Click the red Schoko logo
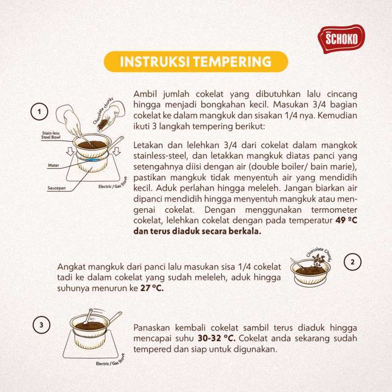pyautogui.click(x=341, y=39)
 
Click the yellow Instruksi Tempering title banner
pyautogui.click(x=196, y=62)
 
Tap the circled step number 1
pyautogui.click(x=39, y=112)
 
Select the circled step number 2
pyautogui.click(x=352, y=262)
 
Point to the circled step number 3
pyautogui.click(x=42, y=325)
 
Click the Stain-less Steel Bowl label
pyautogui.click(x=51, y=135)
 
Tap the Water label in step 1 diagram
pyautogui.click(x=53, y=165)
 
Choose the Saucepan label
pyautogui.click(x=57, y=188)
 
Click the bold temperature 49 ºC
pyautogui.click(x=346, y=220)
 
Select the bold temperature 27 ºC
pyautogui.click(x=152, y=288)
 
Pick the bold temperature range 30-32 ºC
pyautogui.click(x=217, y=338)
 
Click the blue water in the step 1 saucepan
pyautogui.click(x=92, y=160)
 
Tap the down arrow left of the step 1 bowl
pyautogui.click(x=71, y=151)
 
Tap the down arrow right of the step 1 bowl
pyautogui.click(x=117, y=151)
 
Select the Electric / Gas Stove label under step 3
pyautogui.click(x=110, y=360)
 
